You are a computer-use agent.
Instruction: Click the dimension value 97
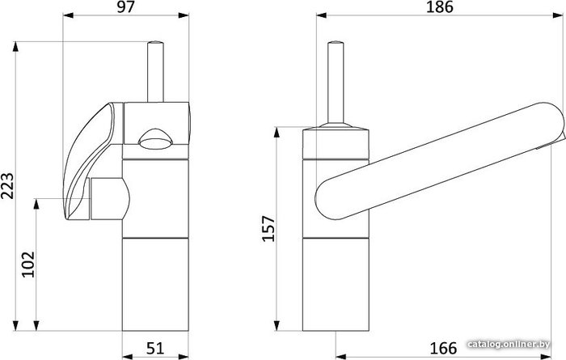coord(125,7)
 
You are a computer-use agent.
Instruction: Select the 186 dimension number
coord(440,7)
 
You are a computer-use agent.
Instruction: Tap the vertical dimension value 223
coord(7,186)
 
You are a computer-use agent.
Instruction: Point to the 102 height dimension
coord(28,265)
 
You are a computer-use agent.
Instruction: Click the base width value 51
coord(155,349)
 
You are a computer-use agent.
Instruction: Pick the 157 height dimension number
coord(268,229)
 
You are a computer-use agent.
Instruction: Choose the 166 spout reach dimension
coord(443,349)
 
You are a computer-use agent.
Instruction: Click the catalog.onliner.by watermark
coord(509,344)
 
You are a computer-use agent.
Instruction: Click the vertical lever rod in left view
coord(155,71)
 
